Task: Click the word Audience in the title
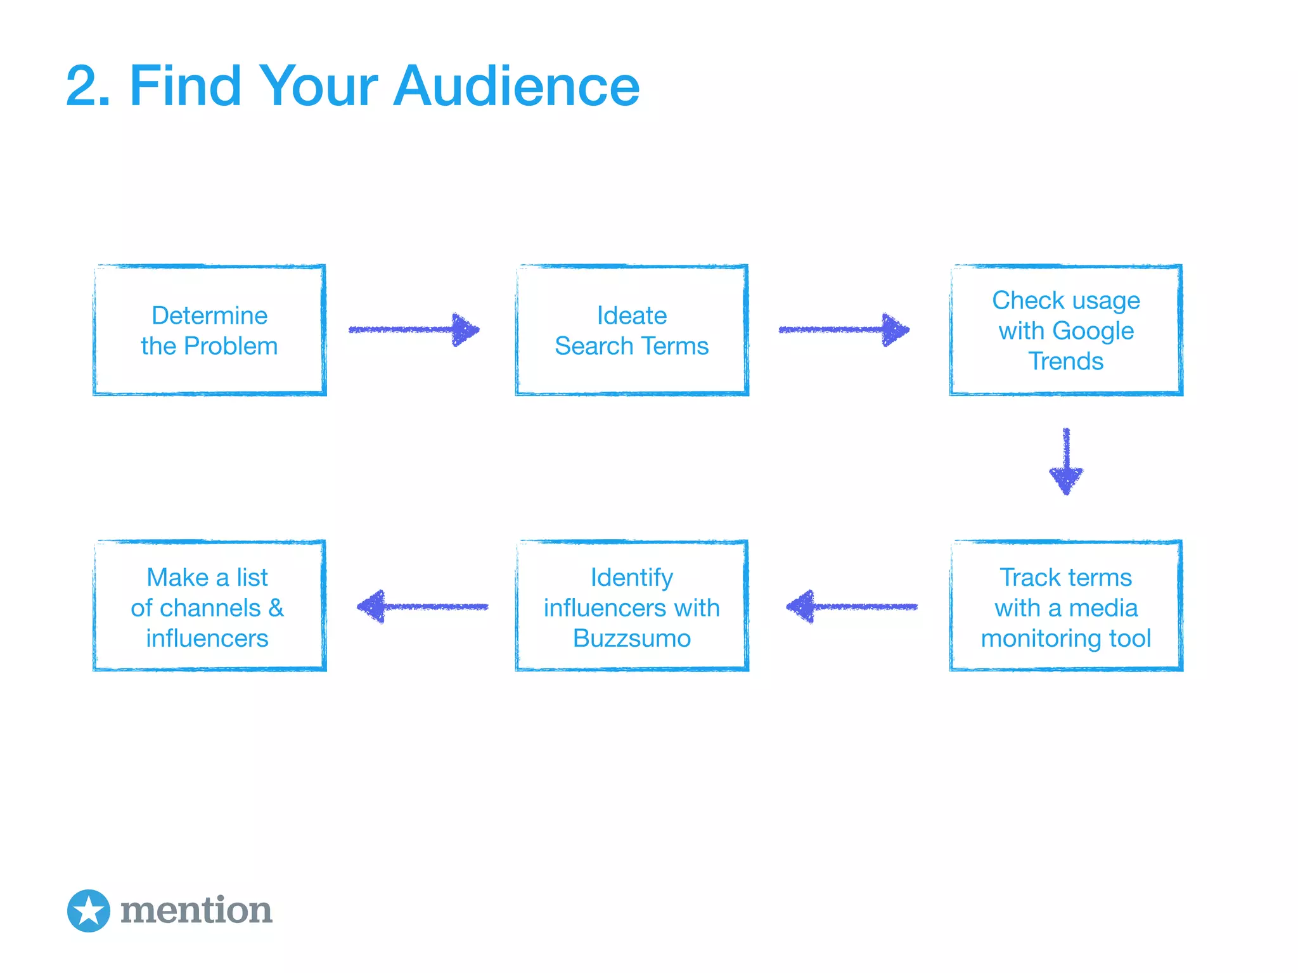pyautogui.click(x=516, y=87)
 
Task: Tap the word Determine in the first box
pyautogui.click(x=209, y=315)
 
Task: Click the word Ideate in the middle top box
pyautogui.click(x=631, y=315)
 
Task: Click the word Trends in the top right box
pyautogui.click(x=1065, y=361)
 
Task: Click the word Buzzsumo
pyautogui.click(x=631, y=639)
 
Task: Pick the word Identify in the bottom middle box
pyautogui.click(x=631, y=577)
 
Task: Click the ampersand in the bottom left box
pyautogui.click(x=276, y=608)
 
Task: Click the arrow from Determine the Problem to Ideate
pyautogui.click(x=414, y=330)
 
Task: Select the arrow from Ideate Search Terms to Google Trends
pyautogui.click(x=844, y=330)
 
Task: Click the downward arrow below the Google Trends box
pyautogui.click(x=1066, y=461)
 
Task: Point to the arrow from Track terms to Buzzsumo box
pyautogui.click(x=851, y=607)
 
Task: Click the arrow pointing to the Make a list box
pyautogui.click(x=422, y=607)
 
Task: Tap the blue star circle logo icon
pyautogui.click(x=89, y=911)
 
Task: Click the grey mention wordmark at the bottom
pyautogui.click(x=196, y=911)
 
